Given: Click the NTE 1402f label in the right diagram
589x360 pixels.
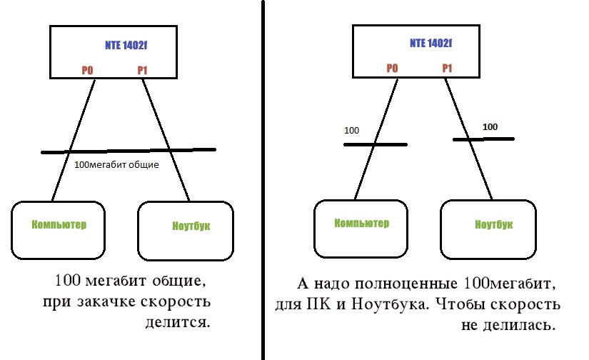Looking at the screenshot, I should pos(431,43).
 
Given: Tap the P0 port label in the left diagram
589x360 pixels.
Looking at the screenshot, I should pos(88,71).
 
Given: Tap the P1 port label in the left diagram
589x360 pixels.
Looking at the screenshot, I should pos(142,71).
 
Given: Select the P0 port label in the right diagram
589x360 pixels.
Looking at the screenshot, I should pos(391,69).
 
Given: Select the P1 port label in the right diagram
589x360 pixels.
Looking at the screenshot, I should pos(448,69).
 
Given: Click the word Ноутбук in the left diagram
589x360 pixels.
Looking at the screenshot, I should pos(191,227).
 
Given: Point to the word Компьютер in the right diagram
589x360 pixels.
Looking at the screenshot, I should pos(362,223).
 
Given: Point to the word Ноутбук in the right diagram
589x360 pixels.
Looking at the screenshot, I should pos(494,224).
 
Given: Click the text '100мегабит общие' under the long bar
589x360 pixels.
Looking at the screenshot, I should pos(116,164).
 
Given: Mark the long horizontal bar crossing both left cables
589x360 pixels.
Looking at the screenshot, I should pos(129,151).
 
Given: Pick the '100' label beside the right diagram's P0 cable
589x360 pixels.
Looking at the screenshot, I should pos(352,131).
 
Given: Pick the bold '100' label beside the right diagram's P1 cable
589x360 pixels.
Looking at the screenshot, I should pos(490,126).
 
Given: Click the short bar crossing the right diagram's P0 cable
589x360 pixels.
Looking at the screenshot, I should pos(375,145).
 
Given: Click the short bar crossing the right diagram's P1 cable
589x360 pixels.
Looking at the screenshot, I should pos(485,139).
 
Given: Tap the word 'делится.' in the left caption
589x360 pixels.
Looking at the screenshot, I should pos(184,323).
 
